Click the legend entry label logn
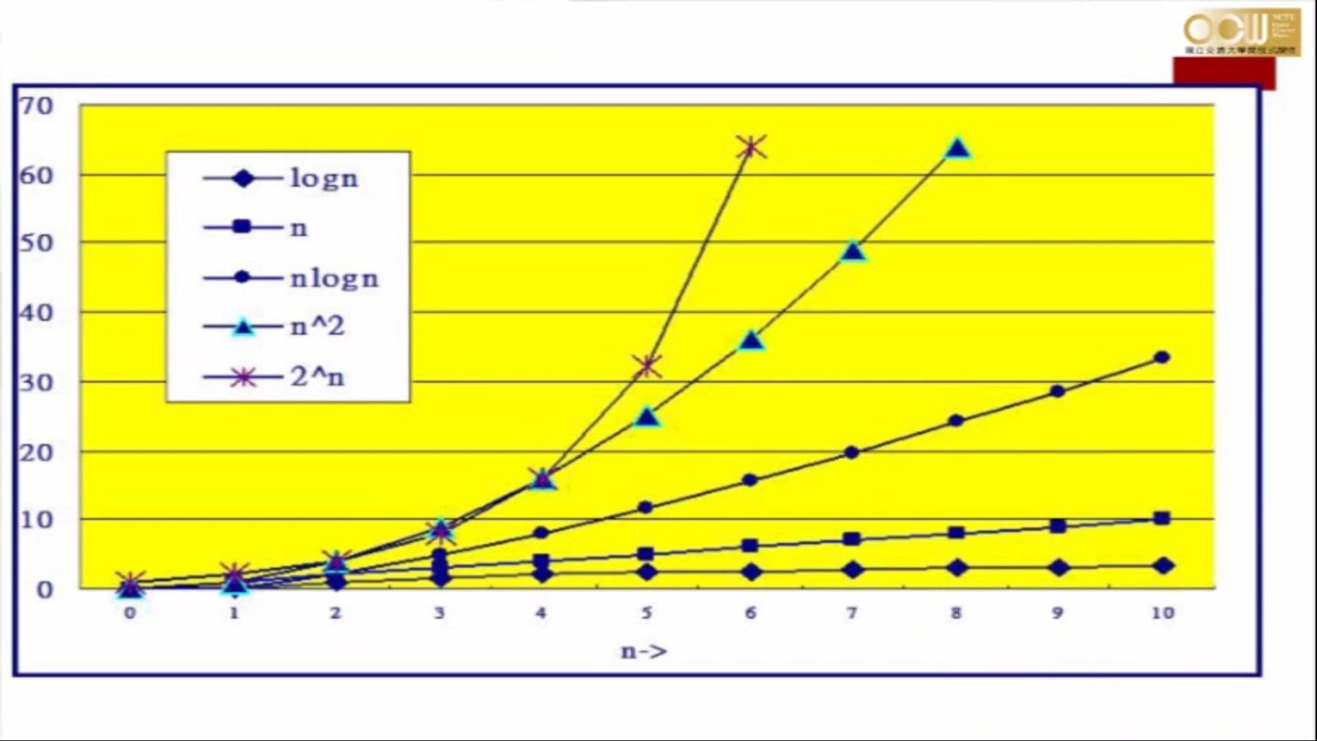tap(324, 178)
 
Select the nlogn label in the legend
tap(334, 279)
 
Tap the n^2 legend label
tap(317, 327)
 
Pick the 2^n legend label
tap(317, 377)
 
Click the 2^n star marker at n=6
tap(751, 147)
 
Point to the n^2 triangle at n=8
tap(958, 149)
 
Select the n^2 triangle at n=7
tap(853, 252)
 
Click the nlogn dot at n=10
tap(1162, 357)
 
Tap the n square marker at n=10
tap(1162, 518)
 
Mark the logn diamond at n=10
tap(1163, 566)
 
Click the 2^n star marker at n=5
tap(647, 366)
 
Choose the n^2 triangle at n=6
tap(751, 341)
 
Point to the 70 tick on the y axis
tap(36, 106)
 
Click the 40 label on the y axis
tap(36, 313)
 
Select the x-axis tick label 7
tap(852, 613)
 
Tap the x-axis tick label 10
tap(1163, 613)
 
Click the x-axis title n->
tap(643, 651)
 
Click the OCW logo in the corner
tap(1242, 32)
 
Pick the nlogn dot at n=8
tap(956, 421)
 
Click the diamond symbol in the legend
tap(243, 178)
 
